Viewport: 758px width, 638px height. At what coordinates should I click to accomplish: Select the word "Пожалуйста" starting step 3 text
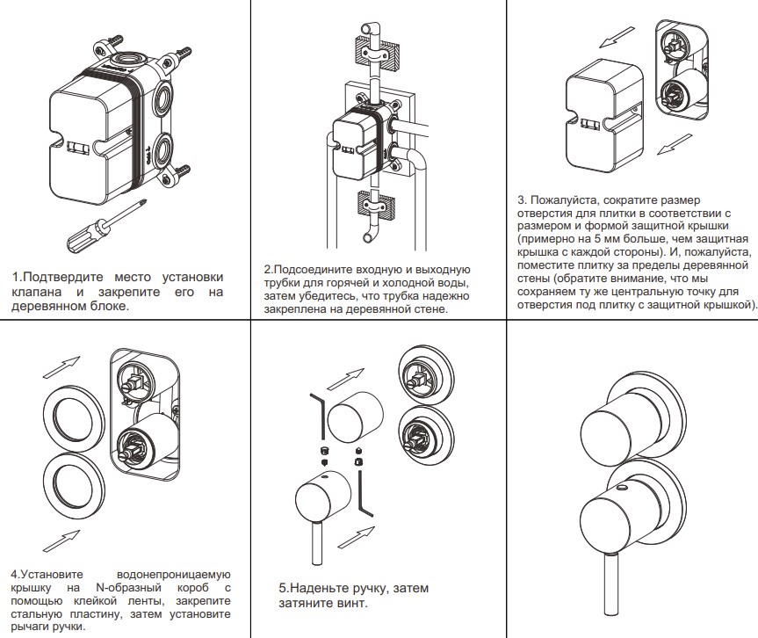click(x=571, y=200)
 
